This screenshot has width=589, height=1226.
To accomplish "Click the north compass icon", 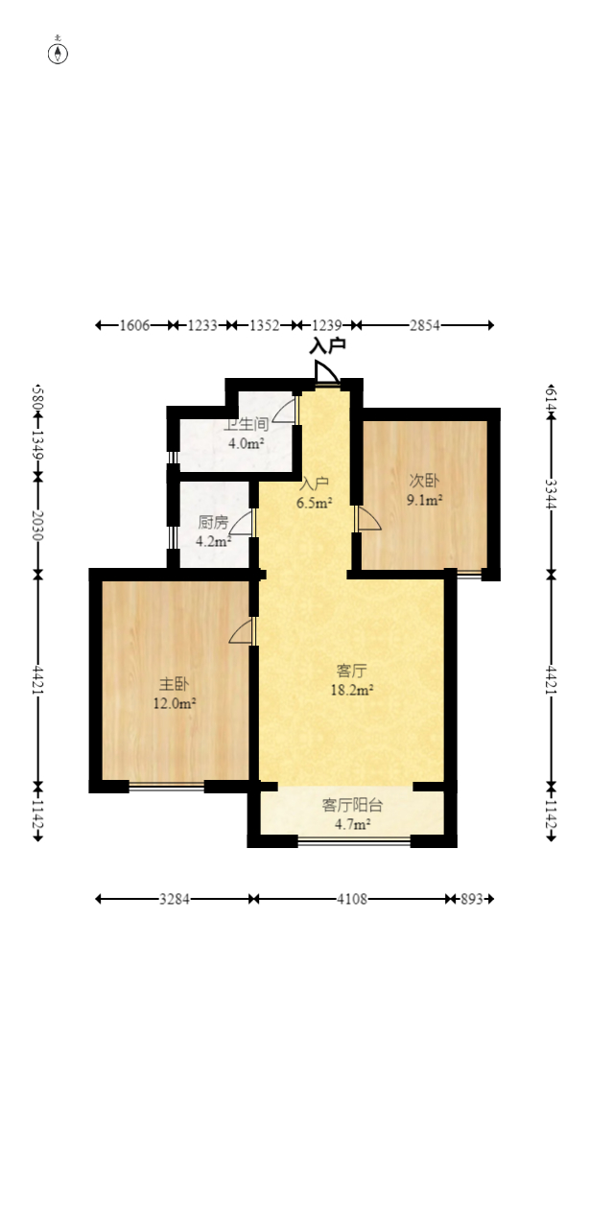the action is [58, 53].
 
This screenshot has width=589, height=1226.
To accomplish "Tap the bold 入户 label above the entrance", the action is [327, 346].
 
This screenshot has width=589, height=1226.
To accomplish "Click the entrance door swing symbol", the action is [327, 372].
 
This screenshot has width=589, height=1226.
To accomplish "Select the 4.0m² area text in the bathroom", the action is [246, 443].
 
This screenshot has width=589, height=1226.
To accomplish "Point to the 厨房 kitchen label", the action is [213, 522].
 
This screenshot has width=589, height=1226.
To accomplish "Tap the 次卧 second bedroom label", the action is [424, 481].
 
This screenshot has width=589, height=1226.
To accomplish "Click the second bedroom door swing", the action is [367, 518].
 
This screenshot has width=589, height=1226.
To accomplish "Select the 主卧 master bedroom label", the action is [174, 684].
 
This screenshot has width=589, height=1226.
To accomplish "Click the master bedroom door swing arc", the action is [242, 631].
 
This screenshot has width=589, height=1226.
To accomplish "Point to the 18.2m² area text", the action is [352, 690].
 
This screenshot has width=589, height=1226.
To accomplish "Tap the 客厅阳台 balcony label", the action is [352, 805].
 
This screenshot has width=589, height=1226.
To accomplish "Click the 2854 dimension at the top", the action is [425, 325].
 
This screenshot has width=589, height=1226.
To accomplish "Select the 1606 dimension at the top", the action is [134, 325].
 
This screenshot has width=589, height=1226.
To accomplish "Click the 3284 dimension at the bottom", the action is [175, 899].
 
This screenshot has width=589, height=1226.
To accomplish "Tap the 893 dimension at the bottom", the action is [471, 899].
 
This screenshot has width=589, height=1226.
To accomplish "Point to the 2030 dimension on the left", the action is [37, 526].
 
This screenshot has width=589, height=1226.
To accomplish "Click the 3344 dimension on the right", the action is [552, 494].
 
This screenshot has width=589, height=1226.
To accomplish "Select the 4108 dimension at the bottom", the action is [352, 899].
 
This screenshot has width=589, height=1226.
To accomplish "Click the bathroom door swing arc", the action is [284, 410].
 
